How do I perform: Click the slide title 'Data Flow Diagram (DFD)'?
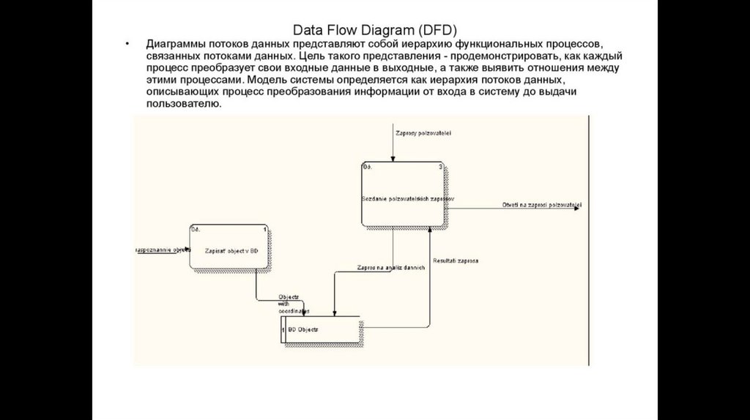click(374, 30)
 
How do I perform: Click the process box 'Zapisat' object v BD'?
click(229, 250)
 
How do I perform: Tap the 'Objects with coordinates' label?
click(289, 304)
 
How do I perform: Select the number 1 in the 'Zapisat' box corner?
click(264, 229)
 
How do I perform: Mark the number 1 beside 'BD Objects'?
click(283, 329)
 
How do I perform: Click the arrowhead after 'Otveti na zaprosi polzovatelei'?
click(578, 208)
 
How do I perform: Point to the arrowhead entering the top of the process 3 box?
click(393, 159)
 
